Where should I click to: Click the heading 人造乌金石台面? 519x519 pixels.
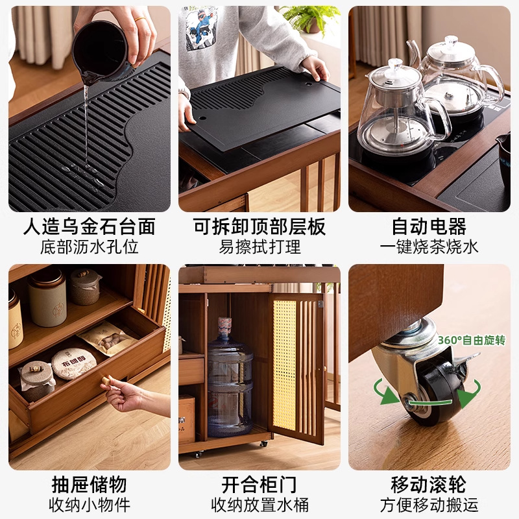point(90,226)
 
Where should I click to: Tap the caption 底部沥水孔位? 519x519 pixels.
point(90,247)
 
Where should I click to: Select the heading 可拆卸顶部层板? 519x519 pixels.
point(259,226)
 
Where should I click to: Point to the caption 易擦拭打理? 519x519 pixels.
point(259,247)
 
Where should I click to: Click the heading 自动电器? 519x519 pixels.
point(429,226)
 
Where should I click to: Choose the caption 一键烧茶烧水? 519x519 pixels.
point(429,247)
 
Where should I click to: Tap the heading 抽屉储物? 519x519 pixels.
point(90,484)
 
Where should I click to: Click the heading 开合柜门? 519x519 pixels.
point(259,484)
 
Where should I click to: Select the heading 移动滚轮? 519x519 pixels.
point(429,484)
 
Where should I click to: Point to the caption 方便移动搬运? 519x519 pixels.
point(429,504)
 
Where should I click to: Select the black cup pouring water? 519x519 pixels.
point(101,52)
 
